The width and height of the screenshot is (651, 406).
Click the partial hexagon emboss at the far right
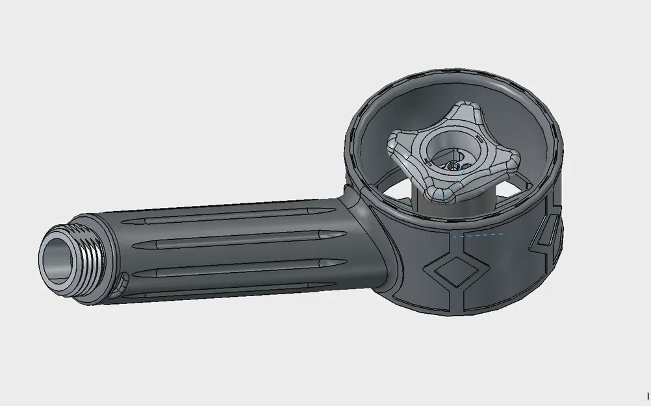[x=546, y=236]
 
